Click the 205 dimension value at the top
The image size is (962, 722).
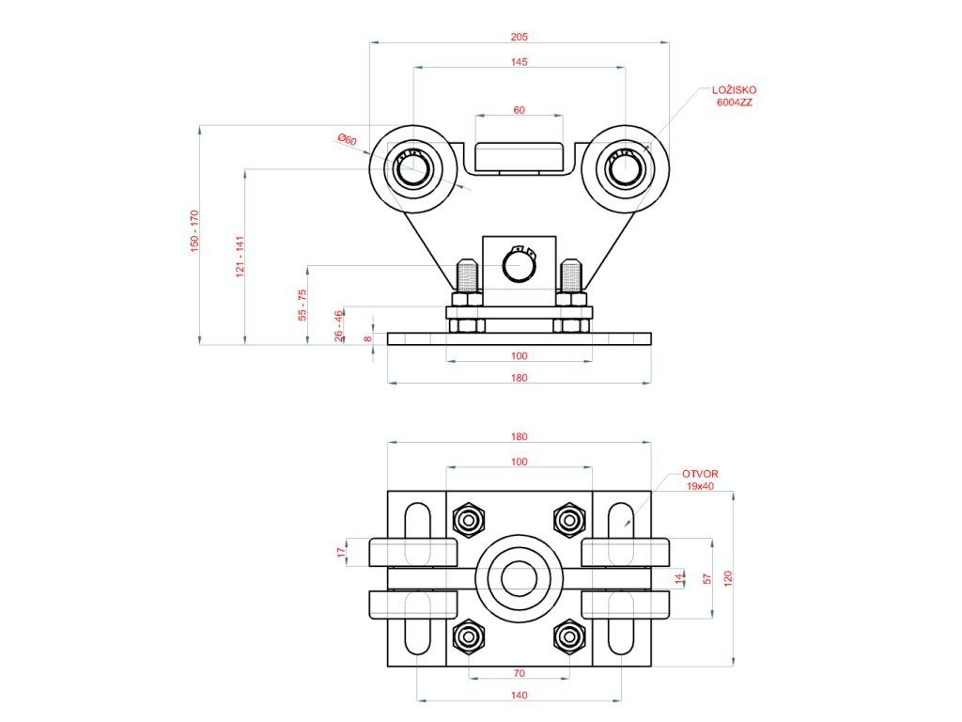pyautogui.click(x=519, y=37)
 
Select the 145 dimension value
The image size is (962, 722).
pyautogui.click(x=519, y=62)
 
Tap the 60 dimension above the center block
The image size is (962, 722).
pyautogui.click(x=519, y=110)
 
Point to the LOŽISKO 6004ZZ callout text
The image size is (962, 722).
pyautogui.click(x=735, y=96)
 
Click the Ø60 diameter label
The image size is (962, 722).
pyautogui.click(x=348, y=140)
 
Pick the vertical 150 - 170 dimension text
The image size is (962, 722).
pyautogui.click(x=194, y=231)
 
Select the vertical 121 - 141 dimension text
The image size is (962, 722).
pyautogui.click(x=240, y=257)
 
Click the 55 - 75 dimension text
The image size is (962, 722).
pyautogui.click(x=302, y=306)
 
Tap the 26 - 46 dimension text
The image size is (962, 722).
pyautogui.click(x=338, y=326)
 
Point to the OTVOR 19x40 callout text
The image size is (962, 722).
pyautogui.click(x=700, y=479)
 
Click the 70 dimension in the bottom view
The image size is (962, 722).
pyautogui.click(x=519, y=673)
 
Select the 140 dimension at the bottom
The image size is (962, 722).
pyautogui.click(x=519, y=696)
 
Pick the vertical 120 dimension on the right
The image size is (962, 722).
pyautogui.click(x=728, y=578)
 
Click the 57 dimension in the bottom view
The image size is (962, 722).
pyautogui.click(x=707, y=579)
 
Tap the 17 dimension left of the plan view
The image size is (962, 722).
pyautogui.click(x=342, y=553)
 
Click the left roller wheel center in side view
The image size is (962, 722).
pyautogui.click(x=413, y=169)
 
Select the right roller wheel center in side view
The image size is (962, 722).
pyautogui.click(x=625, y=169)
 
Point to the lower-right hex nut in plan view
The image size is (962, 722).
pyautogui.click(x=569, y=637)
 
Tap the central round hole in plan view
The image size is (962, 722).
pyautogui.click(x=519, y=578)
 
